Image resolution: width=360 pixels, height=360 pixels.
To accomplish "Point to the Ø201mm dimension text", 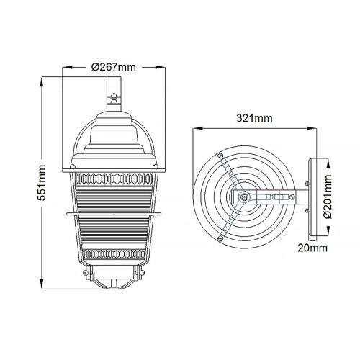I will [x=329, y=195].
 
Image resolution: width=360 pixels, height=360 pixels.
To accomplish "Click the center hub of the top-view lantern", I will [x=245, y=196].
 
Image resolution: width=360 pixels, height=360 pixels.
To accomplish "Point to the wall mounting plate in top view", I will [x=311, y=196].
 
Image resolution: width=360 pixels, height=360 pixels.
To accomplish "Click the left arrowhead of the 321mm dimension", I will [x=195, y=130].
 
